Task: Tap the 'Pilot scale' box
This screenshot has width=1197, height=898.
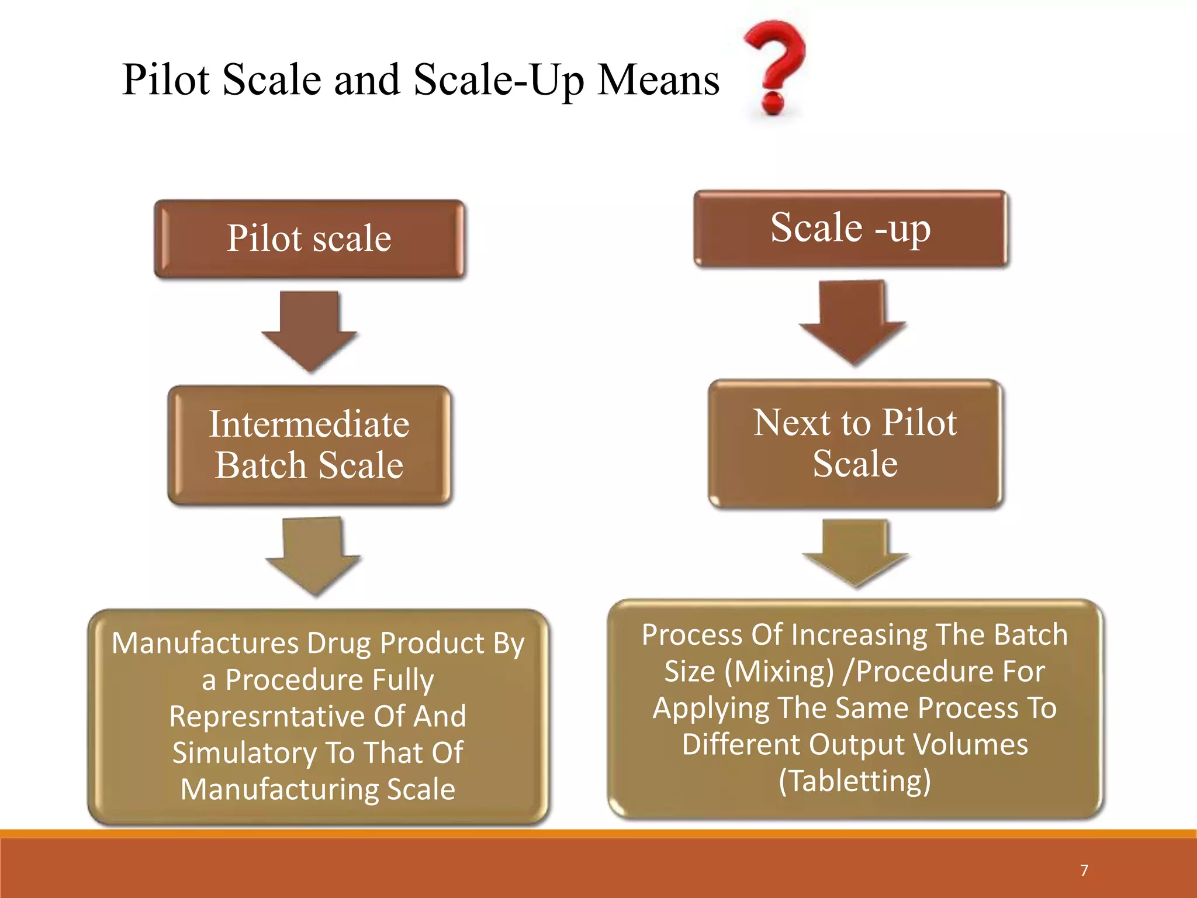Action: point(309,239)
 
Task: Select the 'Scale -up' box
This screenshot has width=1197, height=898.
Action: point(851,229)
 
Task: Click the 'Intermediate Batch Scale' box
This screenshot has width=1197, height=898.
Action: point(309,445)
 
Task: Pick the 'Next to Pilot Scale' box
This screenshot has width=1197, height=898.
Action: point(855,443)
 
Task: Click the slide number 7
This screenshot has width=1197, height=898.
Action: point(1084,871)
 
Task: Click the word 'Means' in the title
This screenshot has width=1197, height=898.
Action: point(659,80)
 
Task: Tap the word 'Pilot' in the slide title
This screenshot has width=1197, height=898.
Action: point(166,80)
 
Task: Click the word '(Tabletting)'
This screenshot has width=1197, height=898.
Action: point(854,781)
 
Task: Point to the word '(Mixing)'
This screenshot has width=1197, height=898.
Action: point(779,671)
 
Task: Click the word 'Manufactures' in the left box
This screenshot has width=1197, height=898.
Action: point(205,643)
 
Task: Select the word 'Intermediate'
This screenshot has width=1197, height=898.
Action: point(309,424)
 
